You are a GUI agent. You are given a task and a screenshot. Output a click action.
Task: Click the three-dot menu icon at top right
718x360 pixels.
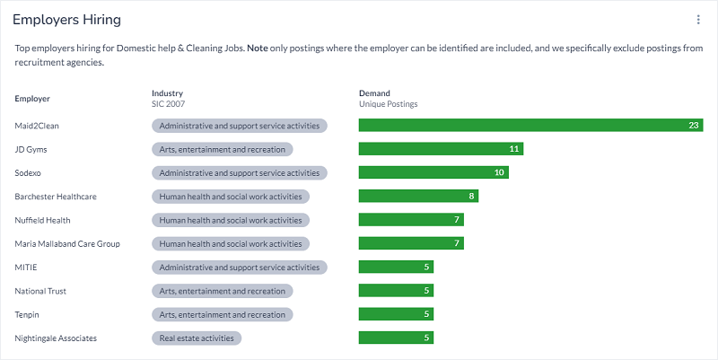[698, 20]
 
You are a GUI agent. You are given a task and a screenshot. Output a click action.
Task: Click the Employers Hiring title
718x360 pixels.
[67, 20]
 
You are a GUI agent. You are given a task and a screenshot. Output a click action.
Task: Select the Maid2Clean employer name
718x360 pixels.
[37, 126]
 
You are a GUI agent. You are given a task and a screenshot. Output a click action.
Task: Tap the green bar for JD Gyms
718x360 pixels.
[441, 149]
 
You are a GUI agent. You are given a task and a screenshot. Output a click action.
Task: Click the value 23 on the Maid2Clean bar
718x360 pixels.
[693, 126]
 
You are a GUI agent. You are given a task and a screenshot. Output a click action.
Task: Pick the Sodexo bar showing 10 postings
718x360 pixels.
[433, 172]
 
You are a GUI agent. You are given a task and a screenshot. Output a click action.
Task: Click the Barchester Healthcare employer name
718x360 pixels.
[56, 196]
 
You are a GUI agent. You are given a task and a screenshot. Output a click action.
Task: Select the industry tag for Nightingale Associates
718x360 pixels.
[197, 338]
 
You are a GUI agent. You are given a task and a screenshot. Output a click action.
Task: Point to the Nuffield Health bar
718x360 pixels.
[411, 220]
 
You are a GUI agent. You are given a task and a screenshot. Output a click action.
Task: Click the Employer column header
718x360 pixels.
[32, 98]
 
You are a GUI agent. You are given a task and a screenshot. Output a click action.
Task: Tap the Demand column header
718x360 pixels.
[374, 92]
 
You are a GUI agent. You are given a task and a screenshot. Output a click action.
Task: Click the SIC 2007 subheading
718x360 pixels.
[168, 104]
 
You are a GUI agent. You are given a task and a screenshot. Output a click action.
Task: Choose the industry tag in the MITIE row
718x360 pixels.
[240, 268]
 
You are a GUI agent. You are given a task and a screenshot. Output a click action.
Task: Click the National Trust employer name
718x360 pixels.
[40, 291]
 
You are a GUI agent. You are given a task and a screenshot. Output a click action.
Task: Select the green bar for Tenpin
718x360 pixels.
[396, 314]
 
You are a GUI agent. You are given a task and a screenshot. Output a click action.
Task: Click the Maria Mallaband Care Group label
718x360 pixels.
[67, 243]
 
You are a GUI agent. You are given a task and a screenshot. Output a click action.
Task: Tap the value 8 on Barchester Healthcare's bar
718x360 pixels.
[470, 196]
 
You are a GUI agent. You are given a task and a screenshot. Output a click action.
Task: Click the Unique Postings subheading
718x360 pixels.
[388, 104]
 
